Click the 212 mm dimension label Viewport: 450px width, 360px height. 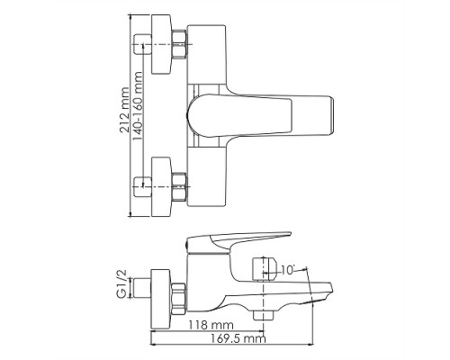pyautogui.click(x=124, y=110)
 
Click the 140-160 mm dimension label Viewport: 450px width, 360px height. pyautogui.click(x=137, y=106)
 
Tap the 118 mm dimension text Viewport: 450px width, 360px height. pyautogui.click(x=211, y=325)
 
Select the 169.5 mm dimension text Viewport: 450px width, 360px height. pyautogui.click(x=238, y=338)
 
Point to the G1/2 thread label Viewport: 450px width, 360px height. pyautogui.click(x=122, y=284)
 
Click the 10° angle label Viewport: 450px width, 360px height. pyautogui.click(x=288, y=270)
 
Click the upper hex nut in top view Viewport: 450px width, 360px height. pyautogui.click(x=180, y=45)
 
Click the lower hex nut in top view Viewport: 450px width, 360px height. pyautogui.click(x=180, y=186)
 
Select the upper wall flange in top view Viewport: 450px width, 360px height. pyautogui.click(x=161, y=44)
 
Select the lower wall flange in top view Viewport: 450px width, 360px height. pyautogui.click(x=161, y=186)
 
